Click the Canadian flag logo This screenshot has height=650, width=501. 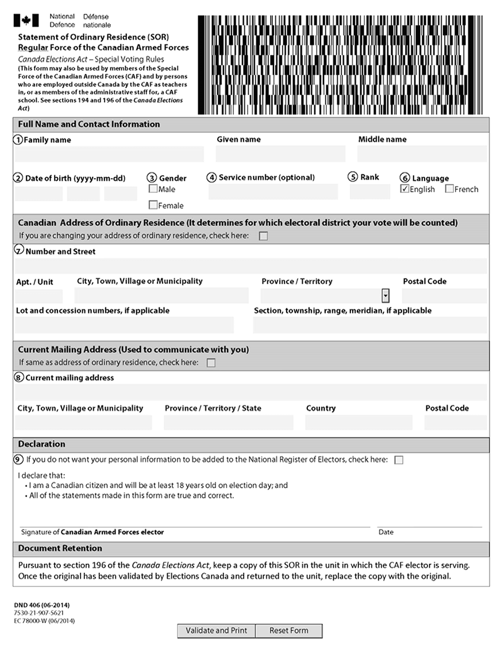(26, 21)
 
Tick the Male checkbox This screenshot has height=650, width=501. (153, 189)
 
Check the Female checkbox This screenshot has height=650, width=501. (153, 205)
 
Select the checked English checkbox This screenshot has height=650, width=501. (404, 189)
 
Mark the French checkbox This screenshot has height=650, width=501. (449, 189)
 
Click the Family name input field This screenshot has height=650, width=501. (109, 154)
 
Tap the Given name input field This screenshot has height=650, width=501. (280, 154)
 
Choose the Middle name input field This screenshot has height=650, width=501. (422, 154)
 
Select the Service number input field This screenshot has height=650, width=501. (273, 192)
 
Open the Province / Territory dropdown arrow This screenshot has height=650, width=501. (386, 296)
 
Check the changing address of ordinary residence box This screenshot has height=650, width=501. (263, 236)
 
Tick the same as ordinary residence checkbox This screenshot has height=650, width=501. (211, 363)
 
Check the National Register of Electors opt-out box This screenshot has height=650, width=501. (399, 460)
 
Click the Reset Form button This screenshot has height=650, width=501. (289, 630)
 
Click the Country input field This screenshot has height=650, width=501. (359, 423)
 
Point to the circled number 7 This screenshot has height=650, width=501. (19, 251)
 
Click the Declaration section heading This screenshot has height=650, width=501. (41, 444)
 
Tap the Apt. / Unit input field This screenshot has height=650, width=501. (39, 296)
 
